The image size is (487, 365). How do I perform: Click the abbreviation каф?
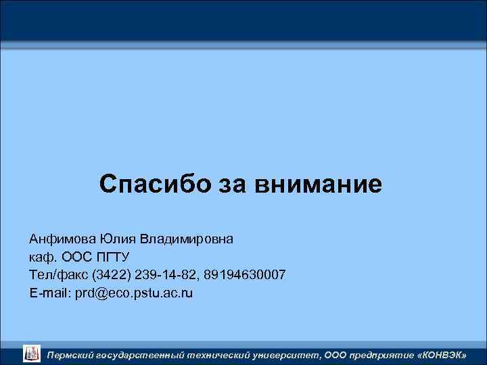point(43,258)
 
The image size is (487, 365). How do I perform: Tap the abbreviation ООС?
point(76,258)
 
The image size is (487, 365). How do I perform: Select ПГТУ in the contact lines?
point(114,258)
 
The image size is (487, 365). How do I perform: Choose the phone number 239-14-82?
point(164,275)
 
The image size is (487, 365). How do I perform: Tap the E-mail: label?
point(47,293)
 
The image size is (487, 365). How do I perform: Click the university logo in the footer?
point(32,352)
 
